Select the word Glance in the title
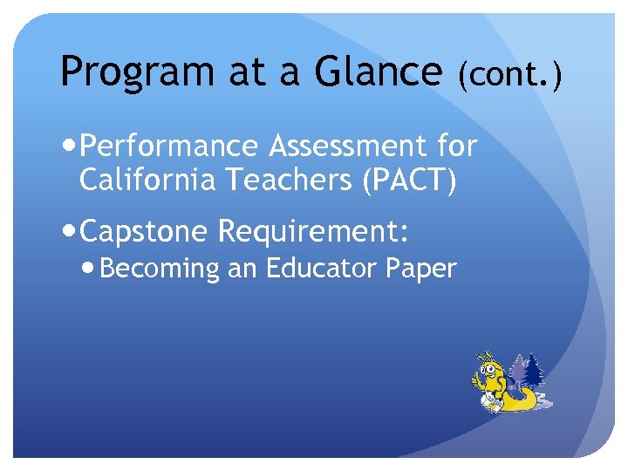[379, 72]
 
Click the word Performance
[174, 146]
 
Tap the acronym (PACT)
[410, 181]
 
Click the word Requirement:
[314, 232]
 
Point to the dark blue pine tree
[532, 372]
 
